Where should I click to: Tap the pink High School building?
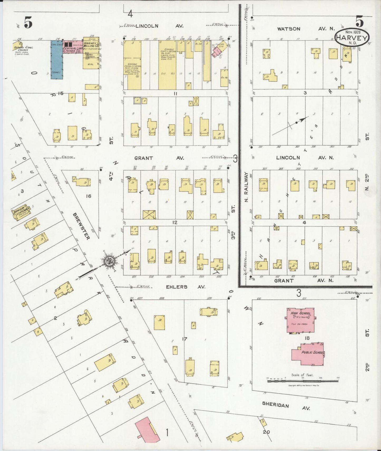[301, 320]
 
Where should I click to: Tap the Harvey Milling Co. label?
[91, 45]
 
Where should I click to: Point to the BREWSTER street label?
[82, 226]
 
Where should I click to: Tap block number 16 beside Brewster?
[88, 196]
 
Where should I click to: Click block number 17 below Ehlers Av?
[184, 339]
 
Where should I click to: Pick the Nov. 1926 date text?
[352, 31]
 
